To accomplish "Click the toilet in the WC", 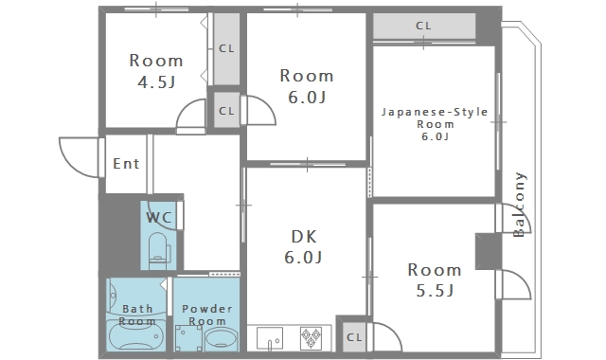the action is pos(159,250).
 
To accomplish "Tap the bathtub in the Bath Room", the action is pos(136,336).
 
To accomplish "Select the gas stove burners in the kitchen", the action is pos(311,337).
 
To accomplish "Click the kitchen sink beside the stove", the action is pos(269,338).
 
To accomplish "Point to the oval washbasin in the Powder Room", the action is pos(221,339).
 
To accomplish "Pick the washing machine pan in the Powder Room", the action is pos(188,338).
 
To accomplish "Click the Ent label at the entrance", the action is pos(126,164).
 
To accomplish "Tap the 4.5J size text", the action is pos(156,82).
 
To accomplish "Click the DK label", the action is pos(304,237).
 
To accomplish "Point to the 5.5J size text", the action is pos(435,291).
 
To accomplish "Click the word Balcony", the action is pos(519,205).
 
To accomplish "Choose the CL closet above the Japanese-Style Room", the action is pos(424,26).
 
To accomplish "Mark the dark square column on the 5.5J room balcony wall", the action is pos(489,251).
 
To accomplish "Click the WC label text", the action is pos(159,217).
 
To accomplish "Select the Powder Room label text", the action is pos(207,315).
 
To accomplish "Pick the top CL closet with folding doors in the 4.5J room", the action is pos(226,48).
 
